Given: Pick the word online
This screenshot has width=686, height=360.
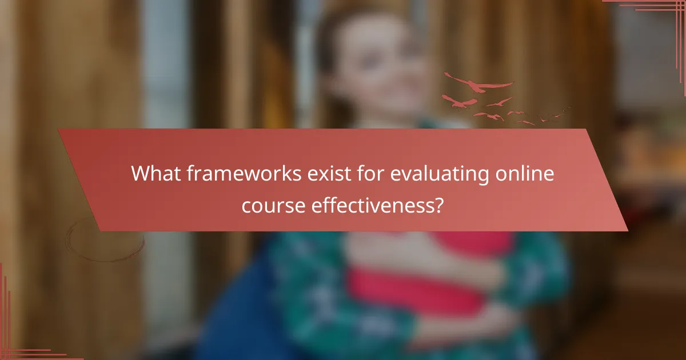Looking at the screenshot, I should tap(525, 174).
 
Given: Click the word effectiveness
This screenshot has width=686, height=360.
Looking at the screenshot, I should tap(371, 205).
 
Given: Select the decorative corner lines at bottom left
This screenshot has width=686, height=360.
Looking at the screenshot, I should tap(14, 343).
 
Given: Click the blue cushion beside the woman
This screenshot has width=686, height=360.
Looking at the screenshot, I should tap(240, 320).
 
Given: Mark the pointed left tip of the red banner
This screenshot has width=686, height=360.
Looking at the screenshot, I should tap(59, 131).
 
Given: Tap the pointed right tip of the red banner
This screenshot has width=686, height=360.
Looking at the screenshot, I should tap(627, 230).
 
